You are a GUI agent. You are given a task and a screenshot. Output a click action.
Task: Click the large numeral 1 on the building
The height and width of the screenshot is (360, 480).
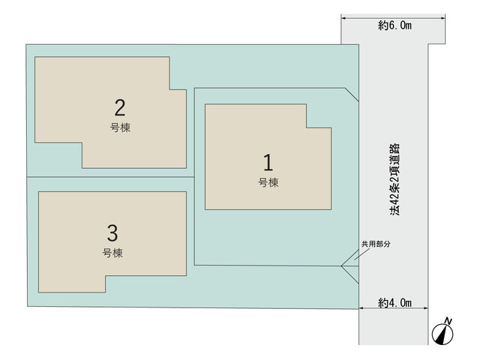tap(268, 162)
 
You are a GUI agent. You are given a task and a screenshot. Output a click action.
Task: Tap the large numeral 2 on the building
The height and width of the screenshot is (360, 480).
tap(120, 107)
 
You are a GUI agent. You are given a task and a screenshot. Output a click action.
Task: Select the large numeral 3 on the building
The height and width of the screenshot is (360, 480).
tap(112, 233)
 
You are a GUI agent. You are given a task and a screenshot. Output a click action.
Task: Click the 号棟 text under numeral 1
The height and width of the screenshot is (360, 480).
tap(268, 182)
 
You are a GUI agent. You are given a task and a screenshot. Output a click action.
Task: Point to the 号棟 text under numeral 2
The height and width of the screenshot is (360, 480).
tap(120, 127)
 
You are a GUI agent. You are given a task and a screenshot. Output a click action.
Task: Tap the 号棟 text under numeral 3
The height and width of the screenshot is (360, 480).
tap(112, 253)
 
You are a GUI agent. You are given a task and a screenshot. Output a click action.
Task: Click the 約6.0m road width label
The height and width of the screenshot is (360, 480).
tap(394, 25)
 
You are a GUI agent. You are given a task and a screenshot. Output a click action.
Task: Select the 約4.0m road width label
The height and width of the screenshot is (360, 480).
tap(394, 303)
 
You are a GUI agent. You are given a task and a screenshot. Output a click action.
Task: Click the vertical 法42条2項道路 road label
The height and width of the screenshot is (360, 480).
tap(394, 179)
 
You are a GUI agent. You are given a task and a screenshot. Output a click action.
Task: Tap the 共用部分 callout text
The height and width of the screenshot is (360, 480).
tap(376, 244)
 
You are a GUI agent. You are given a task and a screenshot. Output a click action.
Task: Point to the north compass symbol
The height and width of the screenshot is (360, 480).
tap(442, 334)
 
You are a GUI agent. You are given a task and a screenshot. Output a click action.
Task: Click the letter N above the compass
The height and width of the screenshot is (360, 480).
tap(448, 321)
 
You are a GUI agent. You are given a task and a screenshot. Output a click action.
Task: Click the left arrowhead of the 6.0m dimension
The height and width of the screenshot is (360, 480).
tap(343, 18)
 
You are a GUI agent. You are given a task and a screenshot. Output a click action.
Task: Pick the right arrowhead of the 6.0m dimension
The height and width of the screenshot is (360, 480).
tap(442, 18)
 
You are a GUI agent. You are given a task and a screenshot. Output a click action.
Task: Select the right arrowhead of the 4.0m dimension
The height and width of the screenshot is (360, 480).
tap(425, 308)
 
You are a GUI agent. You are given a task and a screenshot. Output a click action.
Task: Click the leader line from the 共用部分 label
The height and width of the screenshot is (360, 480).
tap(361, 254)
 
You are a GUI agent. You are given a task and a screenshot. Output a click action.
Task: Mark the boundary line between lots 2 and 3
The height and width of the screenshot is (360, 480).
tap(110, 177)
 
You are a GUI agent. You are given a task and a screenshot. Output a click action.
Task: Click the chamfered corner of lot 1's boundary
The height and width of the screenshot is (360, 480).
tap(352, 94)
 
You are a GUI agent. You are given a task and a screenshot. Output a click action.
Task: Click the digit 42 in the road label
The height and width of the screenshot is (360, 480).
tap(394, 198)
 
